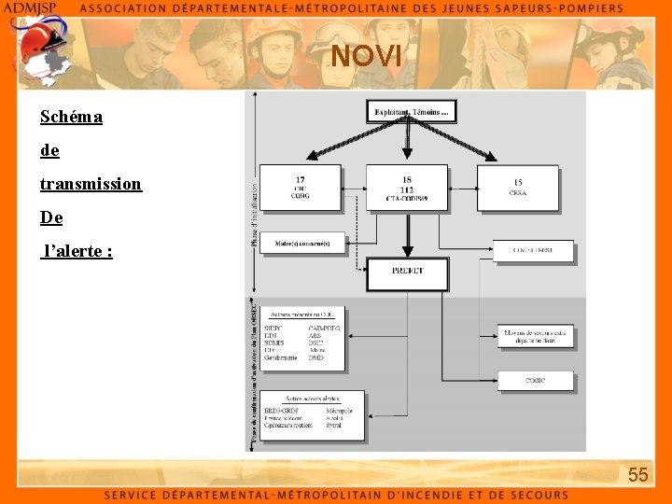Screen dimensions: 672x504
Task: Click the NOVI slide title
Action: coord(367,57)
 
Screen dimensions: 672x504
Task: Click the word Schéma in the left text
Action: coord(71,117)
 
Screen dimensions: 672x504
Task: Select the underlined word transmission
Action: coord(91,184)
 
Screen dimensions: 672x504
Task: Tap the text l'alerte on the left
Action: coord(78,251)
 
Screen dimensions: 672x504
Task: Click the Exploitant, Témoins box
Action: coord(411,113)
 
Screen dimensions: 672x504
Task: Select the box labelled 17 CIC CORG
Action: coord(300,188)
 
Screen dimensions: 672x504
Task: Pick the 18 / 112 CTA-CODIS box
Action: coord(407,188)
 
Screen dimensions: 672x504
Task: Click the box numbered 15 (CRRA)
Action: coord(518,188)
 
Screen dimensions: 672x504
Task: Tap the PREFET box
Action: coord(407,272)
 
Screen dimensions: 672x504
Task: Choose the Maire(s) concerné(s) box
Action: coord(302,244)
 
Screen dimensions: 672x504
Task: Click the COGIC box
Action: coord(535,380)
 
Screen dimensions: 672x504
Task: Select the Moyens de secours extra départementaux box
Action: coord(535,337)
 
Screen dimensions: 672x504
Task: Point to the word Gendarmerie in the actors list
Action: coord(281,357)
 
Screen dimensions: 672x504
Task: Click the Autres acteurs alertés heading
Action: coord(313,399)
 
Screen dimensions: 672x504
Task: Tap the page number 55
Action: coord(637,475)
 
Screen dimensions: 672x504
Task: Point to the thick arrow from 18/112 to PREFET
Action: coord(407,233)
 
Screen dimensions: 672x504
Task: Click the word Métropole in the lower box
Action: coord(339,411)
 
